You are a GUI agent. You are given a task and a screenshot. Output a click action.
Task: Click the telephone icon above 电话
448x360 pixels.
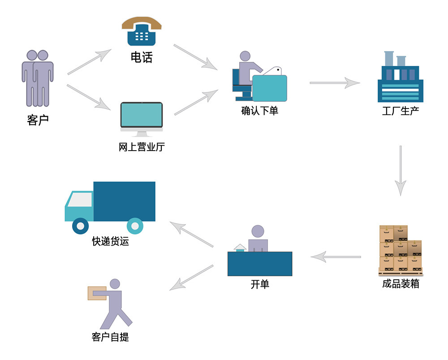(142, 31)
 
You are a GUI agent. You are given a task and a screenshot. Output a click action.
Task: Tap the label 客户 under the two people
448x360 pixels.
(38, 120)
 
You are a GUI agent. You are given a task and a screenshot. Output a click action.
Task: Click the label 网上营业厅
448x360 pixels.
(142, 147)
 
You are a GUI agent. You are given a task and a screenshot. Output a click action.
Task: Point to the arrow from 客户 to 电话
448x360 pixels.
(89, 62)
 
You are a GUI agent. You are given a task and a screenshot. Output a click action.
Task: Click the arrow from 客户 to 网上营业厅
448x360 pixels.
(89, 97)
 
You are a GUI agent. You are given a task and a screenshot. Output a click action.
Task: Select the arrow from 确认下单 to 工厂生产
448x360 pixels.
(335, 83)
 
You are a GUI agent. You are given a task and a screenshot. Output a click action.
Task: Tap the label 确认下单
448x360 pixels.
(259, 111)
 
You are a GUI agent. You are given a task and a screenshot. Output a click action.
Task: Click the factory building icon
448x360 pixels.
(400, 77)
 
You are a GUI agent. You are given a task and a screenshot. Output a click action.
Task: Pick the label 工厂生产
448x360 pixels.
(401, 111)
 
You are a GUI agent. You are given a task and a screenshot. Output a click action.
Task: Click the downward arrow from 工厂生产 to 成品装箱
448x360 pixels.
(401, 171)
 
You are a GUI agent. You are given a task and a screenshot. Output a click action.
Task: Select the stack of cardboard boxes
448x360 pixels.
(401, 250)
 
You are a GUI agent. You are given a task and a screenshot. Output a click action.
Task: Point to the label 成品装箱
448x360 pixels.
(401, 284)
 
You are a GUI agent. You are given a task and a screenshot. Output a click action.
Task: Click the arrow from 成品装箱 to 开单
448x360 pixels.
(336, 257)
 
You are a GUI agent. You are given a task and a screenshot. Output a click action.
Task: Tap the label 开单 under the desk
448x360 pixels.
(260, 284)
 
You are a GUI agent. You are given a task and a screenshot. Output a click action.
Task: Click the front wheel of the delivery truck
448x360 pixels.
(81, 226)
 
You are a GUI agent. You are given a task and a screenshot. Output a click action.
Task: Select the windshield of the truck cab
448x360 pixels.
(80, 200)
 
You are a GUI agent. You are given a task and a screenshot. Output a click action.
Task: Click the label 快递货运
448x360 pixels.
(110, 241)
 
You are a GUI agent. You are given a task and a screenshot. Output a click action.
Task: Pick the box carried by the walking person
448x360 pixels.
(97, 293)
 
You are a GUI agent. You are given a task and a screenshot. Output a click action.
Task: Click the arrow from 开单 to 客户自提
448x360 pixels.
(191, 278)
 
